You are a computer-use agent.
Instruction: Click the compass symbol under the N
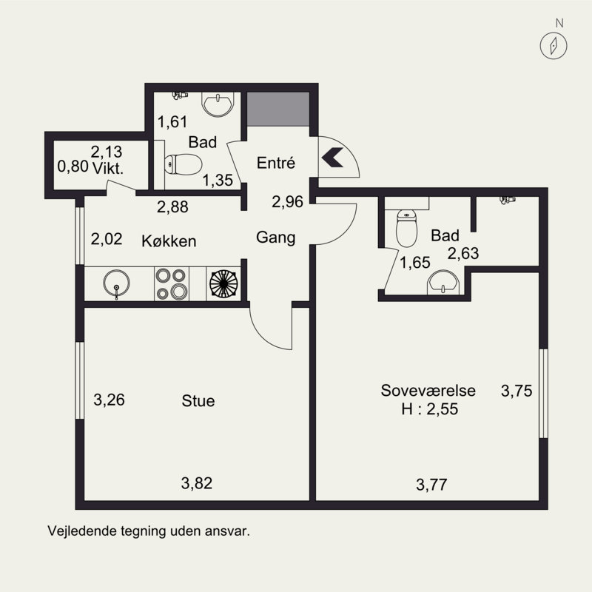tap(553, 46)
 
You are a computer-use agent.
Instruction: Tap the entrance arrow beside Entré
tap(332, 158)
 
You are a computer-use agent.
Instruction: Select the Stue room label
tap(198, 400)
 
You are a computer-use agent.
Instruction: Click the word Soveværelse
tap(428, 391)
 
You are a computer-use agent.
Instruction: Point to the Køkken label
tap(169, 241)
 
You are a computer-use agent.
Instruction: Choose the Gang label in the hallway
tap(275, 238)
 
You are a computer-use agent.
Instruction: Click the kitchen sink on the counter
tap(117, 283)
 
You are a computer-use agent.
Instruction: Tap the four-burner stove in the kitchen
tap(172, 284)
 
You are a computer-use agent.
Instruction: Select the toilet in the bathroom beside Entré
tap(183, 164)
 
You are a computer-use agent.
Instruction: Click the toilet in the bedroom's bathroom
tap(406, 228)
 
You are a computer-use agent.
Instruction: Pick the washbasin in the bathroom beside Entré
tap(218, 104)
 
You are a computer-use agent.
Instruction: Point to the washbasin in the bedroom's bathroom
tap(443, 282)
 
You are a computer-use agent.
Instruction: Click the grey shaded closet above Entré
tap(278, 109)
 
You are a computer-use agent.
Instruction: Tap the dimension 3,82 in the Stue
tap(197, 483)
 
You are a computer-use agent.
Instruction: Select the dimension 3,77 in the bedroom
tap(431, 485)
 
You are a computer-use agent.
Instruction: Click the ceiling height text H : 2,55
tap(430, 409)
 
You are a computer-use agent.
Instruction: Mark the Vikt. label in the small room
tap(108, 168)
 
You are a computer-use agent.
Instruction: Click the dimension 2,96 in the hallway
tap(287, 201)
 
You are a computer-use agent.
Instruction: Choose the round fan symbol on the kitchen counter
tap(223, 284)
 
